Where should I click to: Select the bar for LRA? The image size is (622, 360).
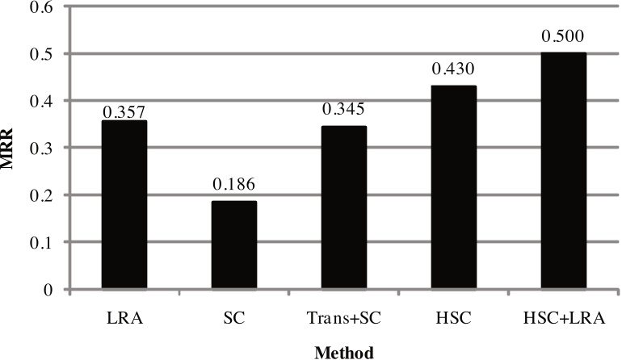(x=124, y=205)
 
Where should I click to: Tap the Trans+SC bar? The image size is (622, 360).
(x=344, y=207)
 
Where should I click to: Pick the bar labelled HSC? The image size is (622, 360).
(x=454, y=187)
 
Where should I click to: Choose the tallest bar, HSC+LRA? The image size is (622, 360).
(x=564, y=171)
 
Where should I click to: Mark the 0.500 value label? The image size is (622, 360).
(x=564, y=37)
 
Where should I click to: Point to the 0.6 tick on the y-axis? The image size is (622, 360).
(x=44, y=7)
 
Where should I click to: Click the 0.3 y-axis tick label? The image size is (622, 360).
(x=44, y=149)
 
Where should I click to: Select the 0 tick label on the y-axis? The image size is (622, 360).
(x=50, y=289)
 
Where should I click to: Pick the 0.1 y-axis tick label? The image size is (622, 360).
(x=44, y=242)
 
